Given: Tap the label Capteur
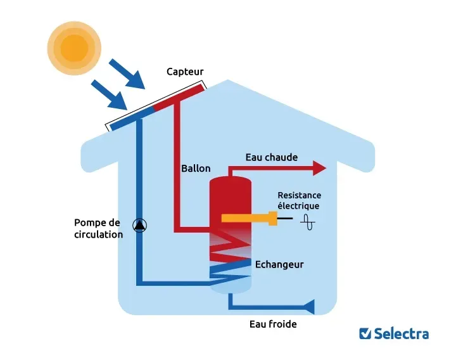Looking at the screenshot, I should coord(185,72).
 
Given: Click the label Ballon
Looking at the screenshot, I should coord(196,169).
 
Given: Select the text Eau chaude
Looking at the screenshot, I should coord(271,157).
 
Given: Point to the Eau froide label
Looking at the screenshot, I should coord(273,324).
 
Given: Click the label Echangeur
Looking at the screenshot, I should coord(279,264).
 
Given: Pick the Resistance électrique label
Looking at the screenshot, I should coord(299,200).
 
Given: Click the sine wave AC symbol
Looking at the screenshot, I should coord(308,222).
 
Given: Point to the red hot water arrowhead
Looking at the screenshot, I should coord(319,168).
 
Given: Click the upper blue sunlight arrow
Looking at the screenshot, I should coord(127,74).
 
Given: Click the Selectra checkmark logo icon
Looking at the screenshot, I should coord(365,333).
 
